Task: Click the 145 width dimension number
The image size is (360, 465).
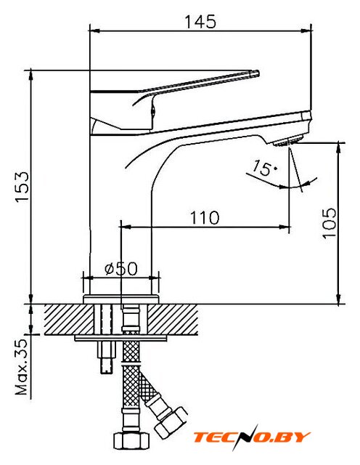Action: [200, 22]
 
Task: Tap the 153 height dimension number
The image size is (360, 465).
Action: [22, 187]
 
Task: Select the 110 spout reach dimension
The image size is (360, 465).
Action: [205, 217]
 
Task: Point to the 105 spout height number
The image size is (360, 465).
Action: [330, 223]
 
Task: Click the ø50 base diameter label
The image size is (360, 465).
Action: [121, 268]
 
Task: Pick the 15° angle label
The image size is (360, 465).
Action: [263, 168]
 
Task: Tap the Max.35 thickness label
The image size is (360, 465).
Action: [21, 367]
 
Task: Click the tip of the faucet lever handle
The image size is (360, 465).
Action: [257, 73]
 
